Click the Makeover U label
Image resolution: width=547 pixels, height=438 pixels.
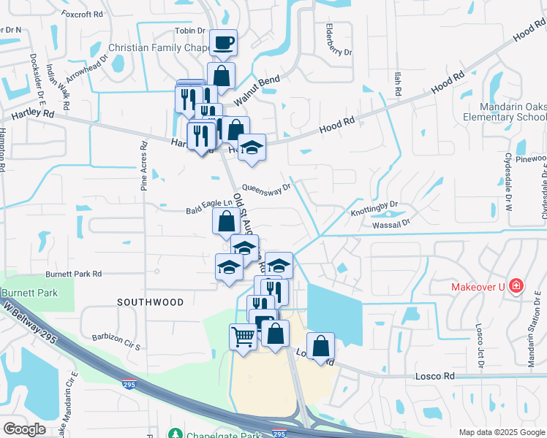(x=476, y=285)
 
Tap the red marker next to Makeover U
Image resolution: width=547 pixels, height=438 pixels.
(x=516, y=285)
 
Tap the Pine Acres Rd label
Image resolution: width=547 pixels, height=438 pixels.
(x=144, y=166)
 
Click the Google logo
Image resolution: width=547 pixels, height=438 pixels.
(x=23, y=429)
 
